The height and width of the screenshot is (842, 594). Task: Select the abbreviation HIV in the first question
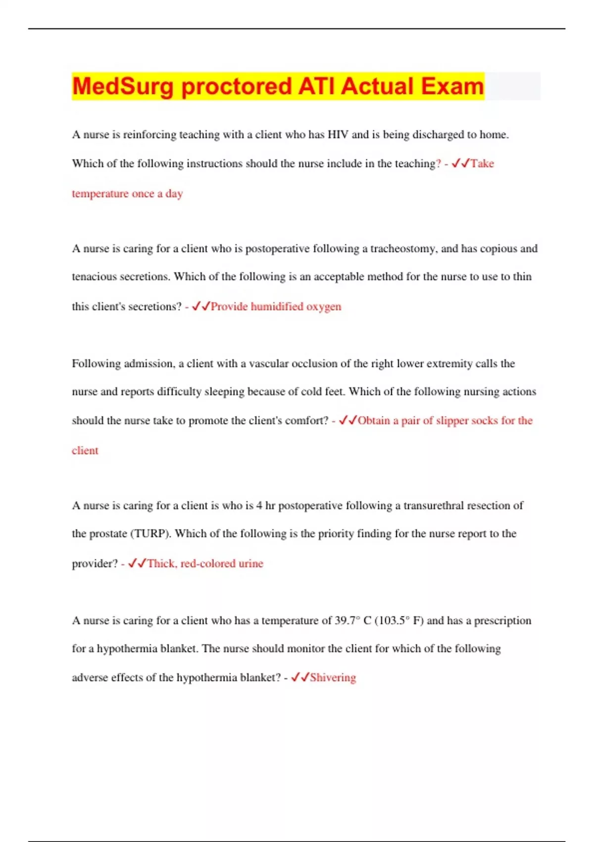click(338, 135)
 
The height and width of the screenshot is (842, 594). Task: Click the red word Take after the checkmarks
click(482, 163)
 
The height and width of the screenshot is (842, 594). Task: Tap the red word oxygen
click(324, 307)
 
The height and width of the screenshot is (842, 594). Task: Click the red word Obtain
click(374, 421)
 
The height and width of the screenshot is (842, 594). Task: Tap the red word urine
click(251, 564)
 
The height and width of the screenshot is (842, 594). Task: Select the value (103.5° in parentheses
click(393, 621)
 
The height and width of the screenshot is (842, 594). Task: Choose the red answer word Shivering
click(333, 678)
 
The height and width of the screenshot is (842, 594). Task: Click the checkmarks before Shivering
click(300, 677)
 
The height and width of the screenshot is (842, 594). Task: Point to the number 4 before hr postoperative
click(259, 506)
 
